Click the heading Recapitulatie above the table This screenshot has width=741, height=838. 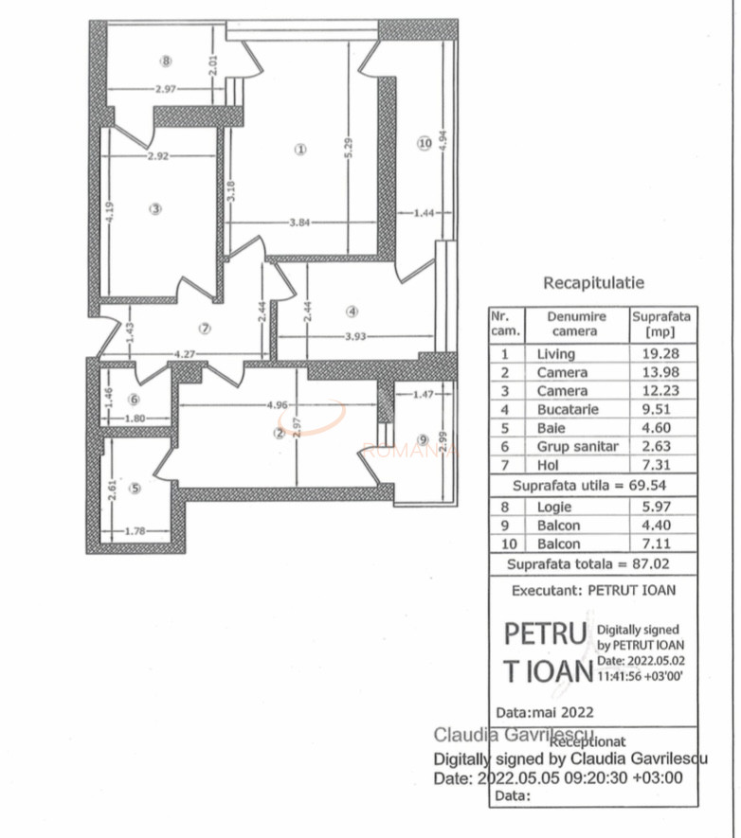click(593, 282)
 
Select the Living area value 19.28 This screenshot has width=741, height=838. click(662, 354)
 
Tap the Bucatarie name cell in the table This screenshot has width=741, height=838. click(568, 409)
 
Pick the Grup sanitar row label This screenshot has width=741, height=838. click(577, 446)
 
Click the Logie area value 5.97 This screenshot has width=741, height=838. click(662, 507)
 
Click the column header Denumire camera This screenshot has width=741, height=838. click(573, 324)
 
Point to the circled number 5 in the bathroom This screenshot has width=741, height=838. click(135, 489)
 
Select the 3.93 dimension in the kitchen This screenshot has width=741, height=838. click(355, 336)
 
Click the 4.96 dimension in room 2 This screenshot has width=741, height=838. click(278, 405)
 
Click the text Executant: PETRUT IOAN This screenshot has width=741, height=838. click(593, 589)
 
